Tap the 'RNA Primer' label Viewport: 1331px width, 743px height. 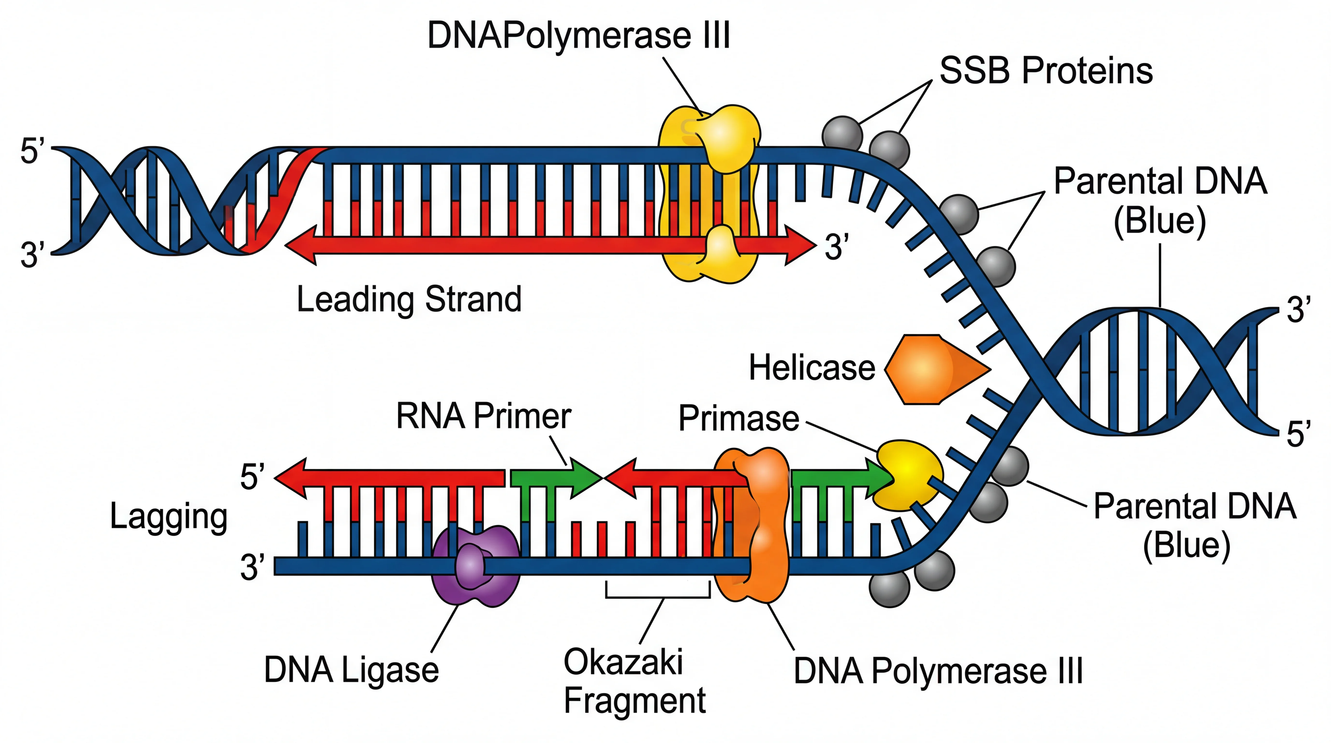pyautogui.click(x=483, y=416)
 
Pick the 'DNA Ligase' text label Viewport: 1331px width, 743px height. pyautogui.click(x=351, y=670)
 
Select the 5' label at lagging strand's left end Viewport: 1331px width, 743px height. pyautogui.click(x=252, y=476)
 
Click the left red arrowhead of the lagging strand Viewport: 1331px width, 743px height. pyautogui.click(x=292, y=478)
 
